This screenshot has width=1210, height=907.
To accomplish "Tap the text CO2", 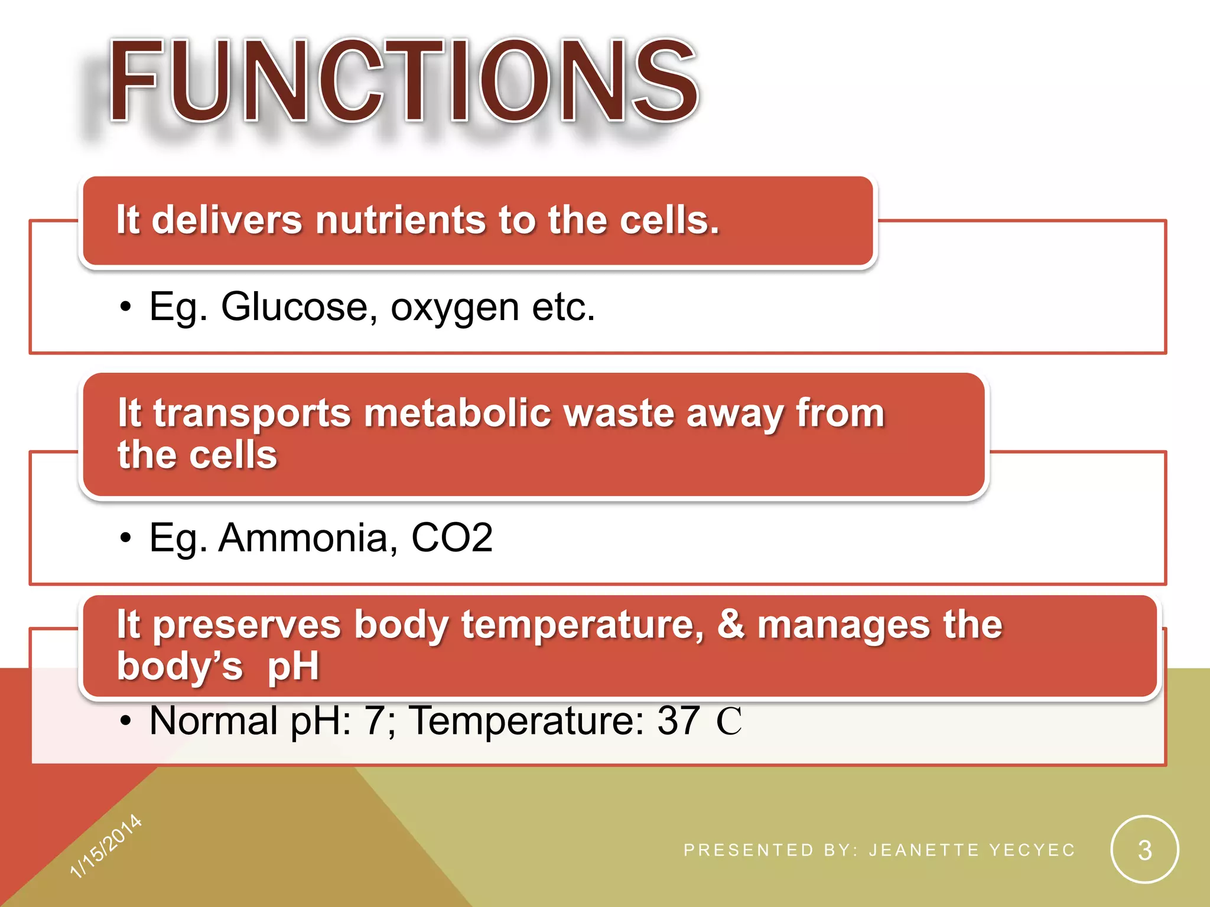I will pyautogui.click(x=451, y=538).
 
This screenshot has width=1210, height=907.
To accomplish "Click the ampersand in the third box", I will pyautogui.click(x=731, y=624).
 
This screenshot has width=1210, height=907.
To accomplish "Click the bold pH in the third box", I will pyautogui.click(x=293, y=666).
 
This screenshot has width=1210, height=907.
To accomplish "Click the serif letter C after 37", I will pyautogui.click(x=728, y=721).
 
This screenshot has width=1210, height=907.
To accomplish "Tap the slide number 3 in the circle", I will pyautogui.click(x=1144, y=850).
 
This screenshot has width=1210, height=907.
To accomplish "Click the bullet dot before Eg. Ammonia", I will pyautogui.click(x=125, y=539).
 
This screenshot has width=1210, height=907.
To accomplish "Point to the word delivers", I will pyautogui.click(x=227, y=220).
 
